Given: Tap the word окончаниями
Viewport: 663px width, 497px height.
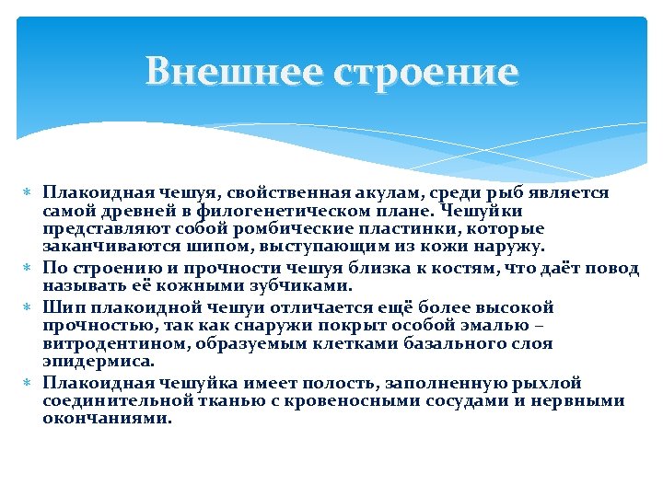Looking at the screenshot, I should coord(106,418).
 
